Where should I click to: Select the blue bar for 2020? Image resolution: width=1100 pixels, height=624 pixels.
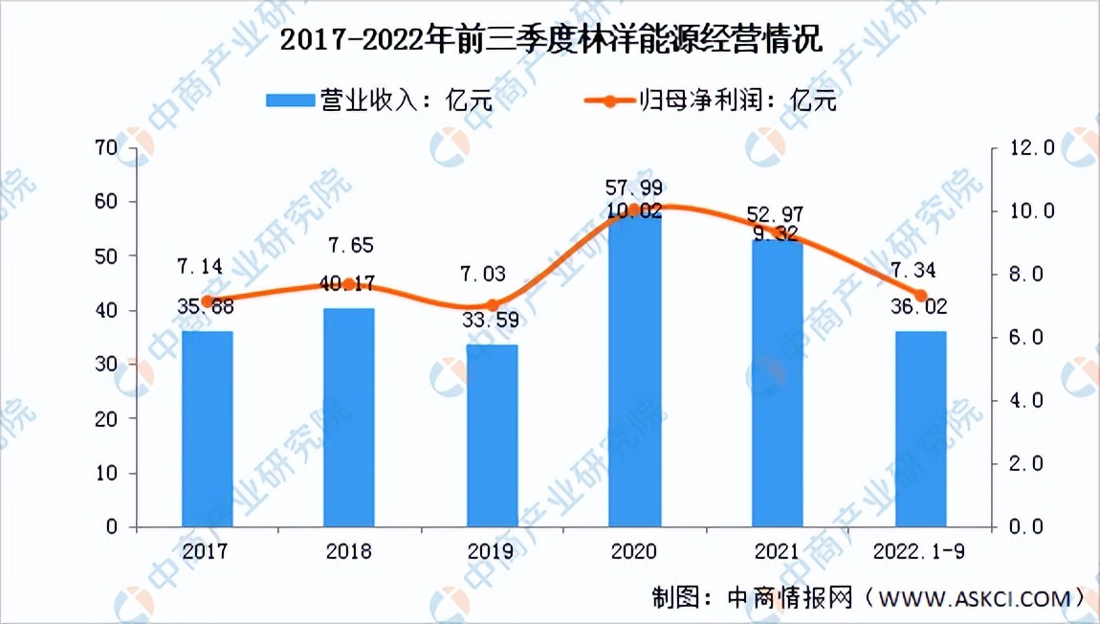click(634, 373)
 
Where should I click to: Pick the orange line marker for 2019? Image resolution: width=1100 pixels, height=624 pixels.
click(493, 305)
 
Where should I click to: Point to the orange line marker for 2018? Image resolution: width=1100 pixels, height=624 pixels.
click(350, 284)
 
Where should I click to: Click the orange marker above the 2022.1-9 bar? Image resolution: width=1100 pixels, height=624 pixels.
click(920, 296)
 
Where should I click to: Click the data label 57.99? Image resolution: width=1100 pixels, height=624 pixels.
click(635, 188)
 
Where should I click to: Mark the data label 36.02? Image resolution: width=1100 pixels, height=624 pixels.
click(919, 308)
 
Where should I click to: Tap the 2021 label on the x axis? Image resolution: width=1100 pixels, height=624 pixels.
click(777, 552)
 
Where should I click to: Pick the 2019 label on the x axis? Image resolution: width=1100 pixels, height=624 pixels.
click(492, 552)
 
